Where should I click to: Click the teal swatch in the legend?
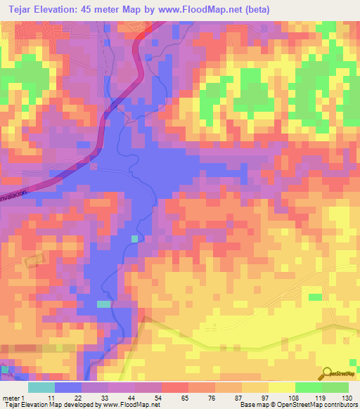tap(41, 387)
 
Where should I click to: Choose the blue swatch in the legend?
tap(68, 387)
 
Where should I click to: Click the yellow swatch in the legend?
tap(281, 387)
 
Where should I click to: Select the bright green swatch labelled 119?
tap(308, 387)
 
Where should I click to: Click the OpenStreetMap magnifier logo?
tap(328, 372)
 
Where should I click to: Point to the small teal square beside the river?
tap(134, 239)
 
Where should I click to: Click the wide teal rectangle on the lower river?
tap(104, 304)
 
